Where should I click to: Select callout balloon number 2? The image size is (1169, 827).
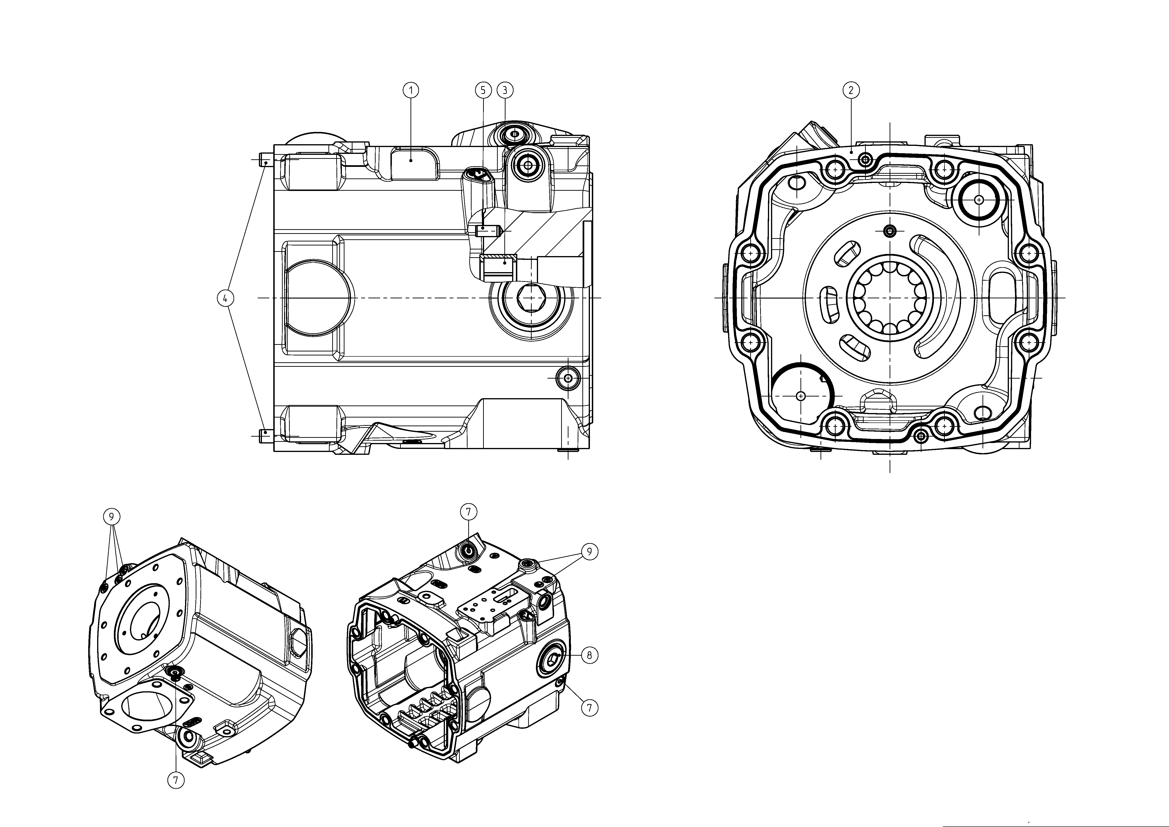click(x=851, y=90)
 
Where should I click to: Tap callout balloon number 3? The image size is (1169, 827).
click(x=505, y=90)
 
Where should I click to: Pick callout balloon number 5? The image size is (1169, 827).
click(x=483, y=90)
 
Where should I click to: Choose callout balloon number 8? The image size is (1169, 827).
click(x=590, y=655)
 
